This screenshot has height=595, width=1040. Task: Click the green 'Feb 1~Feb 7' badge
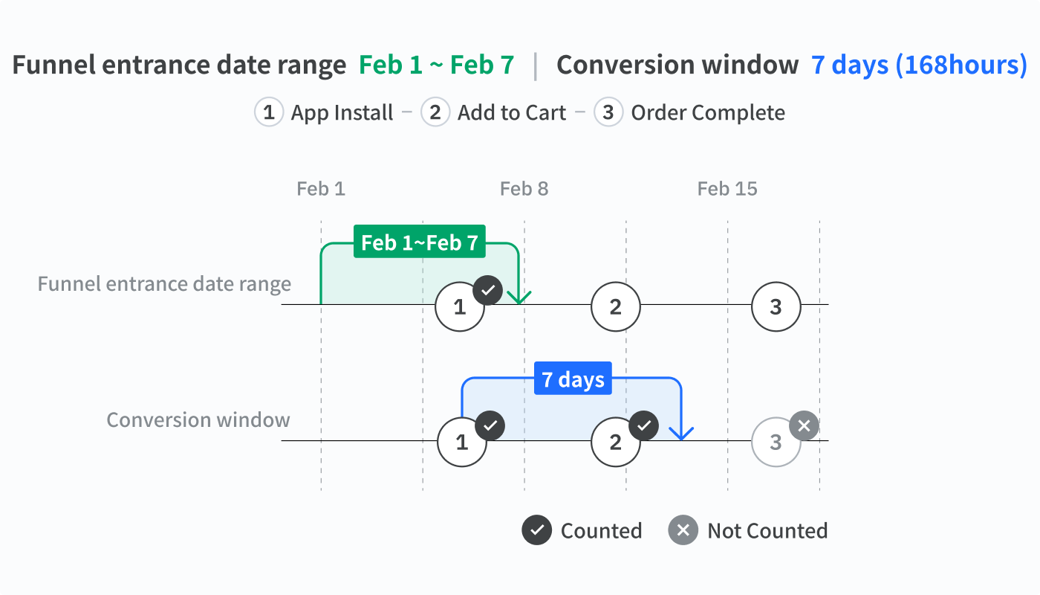(x=419, y=241)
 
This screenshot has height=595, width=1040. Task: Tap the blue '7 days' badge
(x=573, y=379)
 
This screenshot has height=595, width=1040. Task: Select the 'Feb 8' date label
(x=524, y=189)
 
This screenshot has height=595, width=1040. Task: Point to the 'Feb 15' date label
(x=727, y=189)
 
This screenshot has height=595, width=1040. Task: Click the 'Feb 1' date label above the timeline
(x=321, y=189)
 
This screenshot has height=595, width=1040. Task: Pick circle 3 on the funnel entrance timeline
(x=776, y=306)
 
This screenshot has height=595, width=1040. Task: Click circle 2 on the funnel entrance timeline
(x=616, y=306)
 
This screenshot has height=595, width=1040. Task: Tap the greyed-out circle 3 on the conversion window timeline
(x=776, y=442)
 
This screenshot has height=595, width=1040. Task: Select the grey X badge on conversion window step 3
(x=804, y=425)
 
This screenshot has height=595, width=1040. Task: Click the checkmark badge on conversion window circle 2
(x=644, y=425)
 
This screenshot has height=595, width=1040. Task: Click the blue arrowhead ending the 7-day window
(x=681, y=433)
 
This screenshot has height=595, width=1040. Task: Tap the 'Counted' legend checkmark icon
(x=536, y=530)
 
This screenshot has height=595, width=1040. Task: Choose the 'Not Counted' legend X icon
(x=683, y=530)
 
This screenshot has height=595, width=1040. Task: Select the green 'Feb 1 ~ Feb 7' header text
(x=437, y=65)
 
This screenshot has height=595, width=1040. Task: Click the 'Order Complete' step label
(x=708, y=113)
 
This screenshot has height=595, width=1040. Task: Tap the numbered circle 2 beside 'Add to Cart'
(x=435, y=112)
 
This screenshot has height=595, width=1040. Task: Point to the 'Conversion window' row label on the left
(x=198, y=419)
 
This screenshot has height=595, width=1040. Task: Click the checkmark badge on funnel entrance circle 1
(x=488, y=290)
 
